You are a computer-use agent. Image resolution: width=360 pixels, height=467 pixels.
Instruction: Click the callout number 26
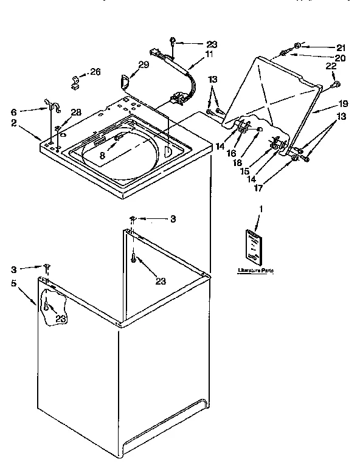click(95, 72)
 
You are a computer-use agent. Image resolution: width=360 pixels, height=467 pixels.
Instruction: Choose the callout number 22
click(330, 66)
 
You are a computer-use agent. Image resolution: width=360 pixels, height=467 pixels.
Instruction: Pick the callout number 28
click(76, 112)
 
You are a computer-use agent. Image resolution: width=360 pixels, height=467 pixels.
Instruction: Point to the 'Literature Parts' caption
click(254, 271)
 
